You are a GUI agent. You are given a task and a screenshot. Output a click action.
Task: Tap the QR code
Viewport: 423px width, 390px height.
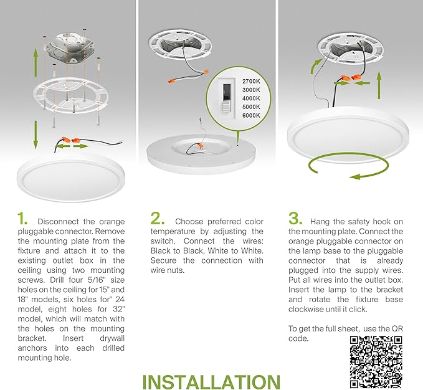(x=376, y=359)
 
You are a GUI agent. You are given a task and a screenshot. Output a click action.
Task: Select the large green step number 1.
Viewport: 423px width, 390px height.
(x=23, y=219)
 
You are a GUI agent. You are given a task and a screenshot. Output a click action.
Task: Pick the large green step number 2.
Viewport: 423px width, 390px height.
(x=157, y=219)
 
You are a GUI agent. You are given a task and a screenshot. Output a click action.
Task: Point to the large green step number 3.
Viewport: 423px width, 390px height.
(x=295, y=219)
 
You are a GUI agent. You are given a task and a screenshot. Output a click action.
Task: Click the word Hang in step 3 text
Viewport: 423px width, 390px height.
(x=321, y=222)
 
